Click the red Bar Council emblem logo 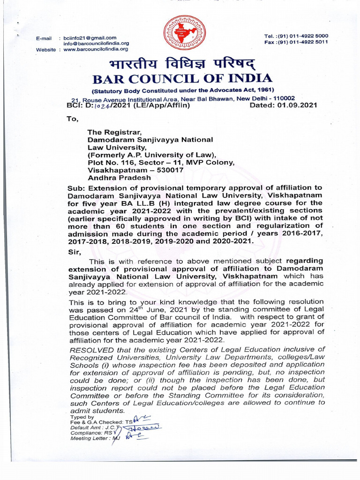click(x=180, y=34)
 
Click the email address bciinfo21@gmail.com click(x=90, y=37)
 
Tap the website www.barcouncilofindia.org click(x=96, y=49)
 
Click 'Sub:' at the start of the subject click(x=76, y=188)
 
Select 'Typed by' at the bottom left click(x=82, y=417)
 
